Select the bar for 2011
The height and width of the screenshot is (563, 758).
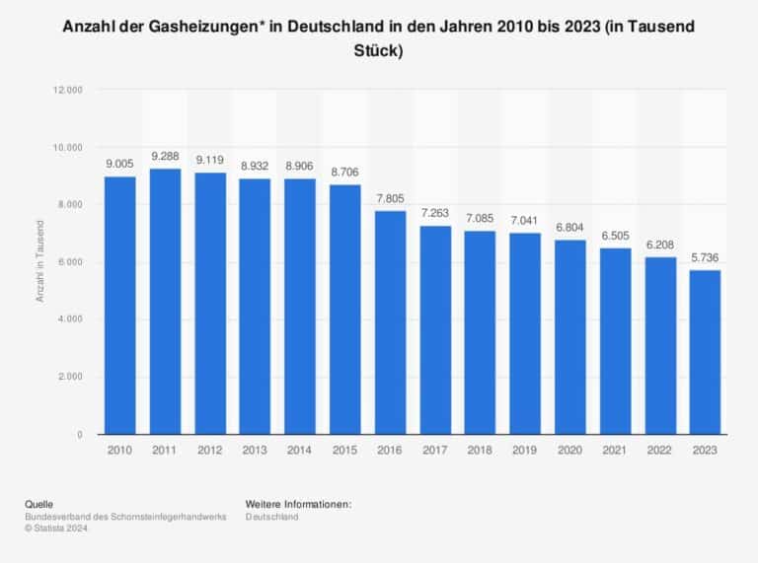click(166, 302)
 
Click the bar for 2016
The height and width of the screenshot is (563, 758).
click(390, 322)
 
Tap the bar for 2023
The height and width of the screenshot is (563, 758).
click(705, 352)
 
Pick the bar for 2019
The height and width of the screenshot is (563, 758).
click(525, 333)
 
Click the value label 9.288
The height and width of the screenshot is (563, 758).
click(166, 156)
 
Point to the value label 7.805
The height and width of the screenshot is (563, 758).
click(390, 198)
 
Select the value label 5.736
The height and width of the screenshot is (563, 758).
click(705, 257)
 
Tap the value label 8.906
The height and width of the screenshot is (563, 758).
click(300, 166)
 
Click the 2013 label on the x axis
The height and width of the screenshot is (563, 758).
click(255, 450)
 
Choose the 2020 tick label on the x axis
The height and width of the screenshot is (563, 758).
click(569, 450)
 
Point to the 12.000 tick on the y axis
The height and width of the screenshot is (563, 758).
click(68, 90)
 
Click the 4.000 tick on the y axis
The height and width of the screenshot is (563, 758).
click(71, 319)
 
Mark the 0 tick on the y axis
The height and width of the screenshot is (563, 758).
click(80, 435)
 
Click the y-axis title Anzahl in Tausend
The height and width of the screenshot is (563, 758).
click(39, 261)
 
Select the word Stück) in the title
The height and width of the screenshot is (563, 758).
click(379, 50)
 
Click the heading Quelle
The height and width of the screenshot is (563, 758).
click(39, 505)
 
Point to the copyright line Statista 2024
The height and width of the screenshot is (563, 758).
click(56, 528)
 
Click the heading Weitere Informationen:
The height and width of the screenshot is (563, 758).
click(298, 505)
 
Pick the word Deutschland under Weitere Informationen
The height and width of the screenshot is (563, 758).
click(271, 517)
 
